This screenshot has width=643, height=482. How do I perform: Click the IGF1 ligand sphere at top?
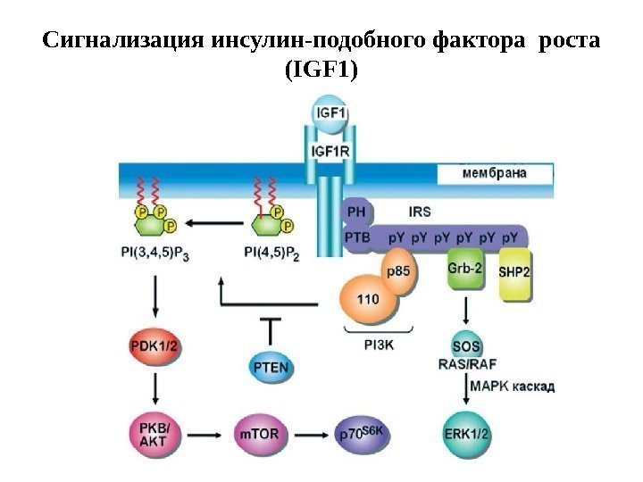tap(330, 115)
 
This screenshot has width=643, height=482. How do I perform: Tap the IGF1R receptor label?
tap(330, 151)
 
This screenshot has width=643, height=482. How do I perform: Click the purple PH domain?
tap(355, 212)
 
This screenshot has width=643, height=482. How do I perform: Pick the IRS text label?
tap(419, 212)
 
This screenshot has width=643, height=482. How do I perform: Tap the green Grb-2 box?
tap(464, 269)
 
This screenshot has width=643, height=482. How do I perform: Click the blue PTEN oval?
tap(270, 366)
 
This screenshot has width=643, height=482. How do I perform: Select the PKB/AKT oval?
tap(154, 435)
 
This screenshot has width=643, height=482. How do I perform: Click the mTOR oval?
tap(259, 435)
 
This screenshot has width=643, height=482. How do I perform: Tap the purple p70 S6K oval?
tap(363, 435)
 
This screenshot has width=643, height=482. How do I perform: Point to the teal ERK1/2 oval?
tap(467, 435)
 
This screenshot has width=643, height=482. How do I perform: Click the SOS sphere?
tap(467, 345)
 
